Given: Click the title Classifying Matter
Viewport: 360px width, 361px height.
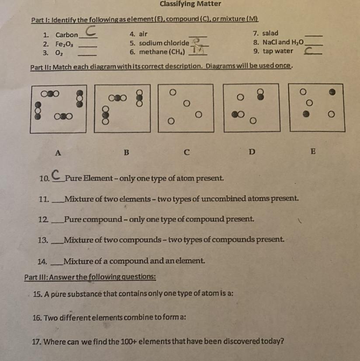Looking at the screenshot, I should click(190, 4).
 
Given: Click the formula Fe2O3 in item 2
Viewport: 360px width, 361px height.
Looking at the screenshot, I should click(64, 44).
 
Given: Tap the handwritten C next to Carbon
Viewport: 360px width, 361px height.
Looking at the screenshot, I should click(90, 31).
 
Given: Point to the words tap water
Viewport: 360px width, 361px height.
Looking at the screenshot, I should click(278, 51).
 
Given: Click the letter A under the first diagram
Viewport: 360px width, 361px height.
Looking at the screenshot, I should click(58, 153).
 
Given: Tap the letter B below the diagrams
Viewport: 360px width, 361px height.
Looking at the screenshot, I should click(126, 153).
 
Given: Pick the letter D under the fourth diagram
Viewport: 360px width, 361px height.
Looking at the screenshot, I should click(251, 153).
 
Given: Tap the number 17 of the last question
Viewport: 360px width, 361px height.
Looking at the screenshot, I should click(37, 341).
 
